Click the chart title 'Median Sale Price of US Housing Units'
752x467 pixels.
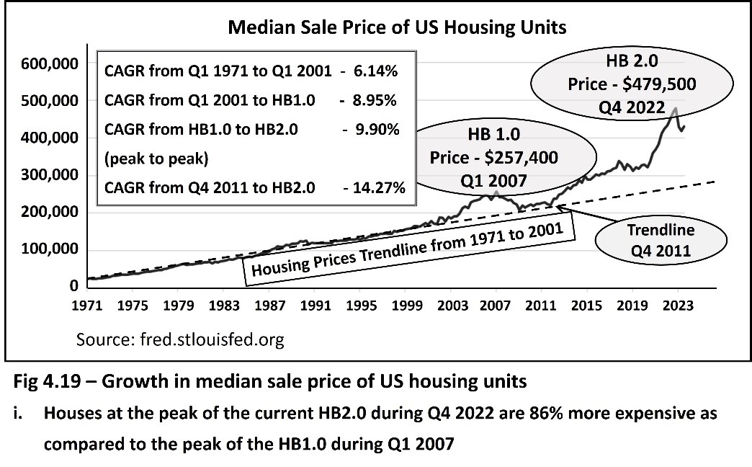pyautogui.click(x=397, y=28)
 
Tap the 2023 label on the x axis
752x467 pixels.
pyautogui.click(x=679, y=306)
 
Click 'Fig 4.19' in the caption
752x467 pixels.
pyautogui.click(x=43, y=382)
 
